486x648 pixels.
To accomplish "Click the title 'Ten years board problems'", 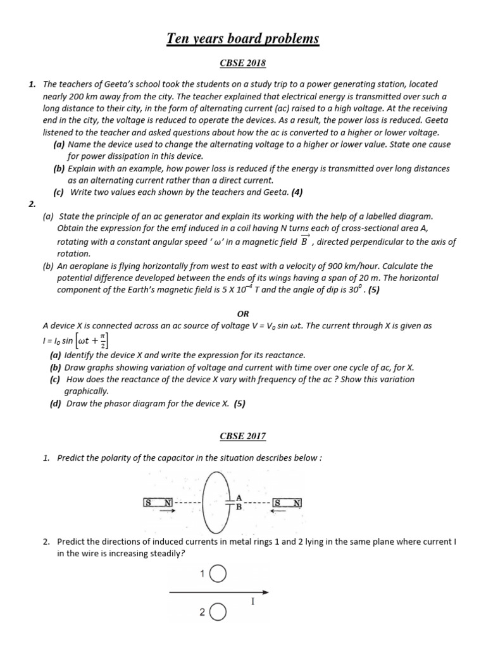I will point(243,39).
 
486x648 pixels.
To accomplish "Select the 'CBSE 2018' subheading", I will point(243,63).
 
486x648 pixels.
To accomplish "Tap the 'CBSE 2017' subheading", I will point(243,436).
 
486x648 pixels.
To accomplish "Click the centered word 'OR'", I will point(243,313).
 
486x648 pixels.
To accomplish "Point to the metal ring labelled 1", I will point(217,574).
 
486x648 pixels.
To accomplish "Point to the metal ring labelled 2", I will point(217,613).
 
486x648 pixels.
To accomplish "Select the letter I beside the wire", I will point(252,602).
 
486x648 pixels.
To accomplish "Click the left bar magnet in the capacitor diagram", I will point(159,502).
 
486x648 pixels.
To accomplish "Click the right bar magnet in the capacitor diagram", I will point(287,503).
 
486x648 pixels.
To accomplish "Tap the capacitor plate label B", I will point(239,507).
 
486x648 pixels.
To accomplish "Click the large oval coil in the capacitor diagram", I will point(213,503).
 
